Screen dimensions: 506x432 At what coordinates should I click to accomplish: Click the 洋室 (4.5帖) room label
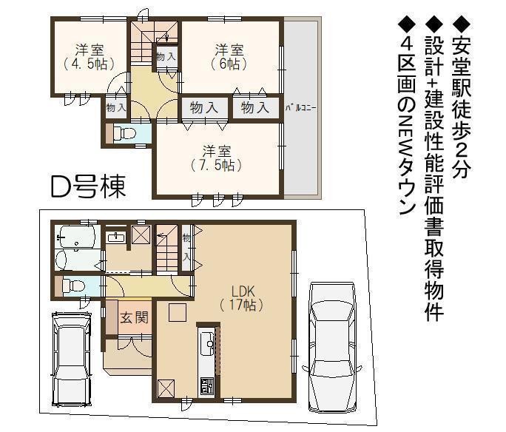pos(90,58)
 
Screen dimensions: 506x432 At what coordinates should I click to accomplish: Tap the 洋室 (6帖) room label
pos(229,58)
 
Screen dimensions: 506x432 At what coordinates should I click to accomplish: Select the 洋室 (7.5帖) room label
pos(217,158)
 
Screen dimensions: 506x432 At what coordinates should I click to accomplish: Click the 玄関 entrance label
pos(134,317)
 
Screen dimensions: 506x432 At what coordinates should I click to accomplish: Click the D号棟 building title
pos(88,186)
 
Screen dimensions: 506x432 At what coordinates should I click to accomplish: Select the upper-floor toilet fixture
pos(124,133)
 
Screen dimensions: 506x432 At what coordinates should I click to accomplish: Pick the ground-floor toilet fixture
pos(74,286)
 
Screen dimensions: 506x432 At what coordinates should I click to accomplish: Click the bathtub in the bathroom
pos(76,237)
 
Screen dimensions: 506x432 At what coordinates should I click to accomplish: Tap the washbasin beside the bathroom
pos(116,237)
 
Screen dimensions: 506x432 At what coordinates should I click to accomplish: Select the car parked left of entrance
pos(72,358)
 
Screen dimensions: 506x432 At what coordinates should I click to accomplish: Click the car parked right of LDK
pos(331,348)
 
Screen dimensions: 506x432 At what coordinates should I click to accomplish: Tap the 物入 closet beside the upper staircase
pos(166,57)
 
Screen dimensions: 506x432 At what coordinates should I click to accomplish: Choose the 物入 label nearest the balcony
pos(255,107)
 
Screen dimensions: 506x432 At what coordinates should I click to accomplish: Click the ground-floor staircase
pos(167,249)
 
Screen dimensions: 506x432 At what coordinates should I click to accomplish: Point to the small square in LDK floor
pos(178,312)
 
